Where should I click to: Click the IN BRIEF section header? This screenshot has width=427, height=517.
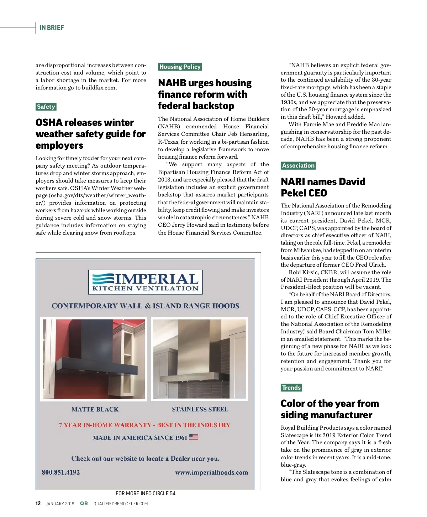coord(52,28)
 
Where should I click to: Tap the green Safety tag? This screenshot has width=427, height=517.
coord(46,107)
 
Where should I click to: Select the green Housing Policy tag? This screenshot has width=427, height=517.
coord(180,67)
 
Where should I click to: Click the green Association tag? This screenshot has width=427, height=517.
coord(298,165)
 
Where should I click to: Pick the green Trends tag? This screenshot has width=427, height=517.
coord(291,388)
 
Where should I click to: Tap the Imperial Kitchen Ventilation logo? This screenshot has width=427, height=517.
coord(145,282)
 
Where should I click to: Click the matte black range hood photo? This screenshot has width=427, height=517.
coord(94,359)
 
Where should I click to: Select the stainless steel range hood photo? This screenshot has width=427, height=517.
coord(200,359)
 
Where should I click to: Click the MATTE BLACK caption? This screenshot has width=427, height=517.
coord(95,409)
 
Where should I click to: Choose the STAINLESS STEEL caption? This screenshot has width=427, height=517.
coord(200,409)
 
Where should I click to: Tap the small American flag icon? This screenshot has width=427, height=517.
coord(194,437)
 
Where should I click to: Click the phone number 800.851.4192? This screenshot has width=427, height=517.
coord(61,472)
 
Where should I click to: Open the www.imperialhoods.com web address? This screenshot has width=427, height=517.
coord(211,472)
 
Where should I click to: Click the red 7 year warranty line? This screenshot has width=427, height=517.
coord(144,425)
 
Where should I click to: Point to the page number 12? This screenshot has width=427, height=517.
coord(38,503)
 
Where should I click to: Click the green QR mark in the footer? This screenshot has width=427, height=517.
coord(84,503)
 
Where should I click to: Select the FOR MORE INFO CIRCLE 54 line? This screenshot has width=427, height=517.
coord(145,493)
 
